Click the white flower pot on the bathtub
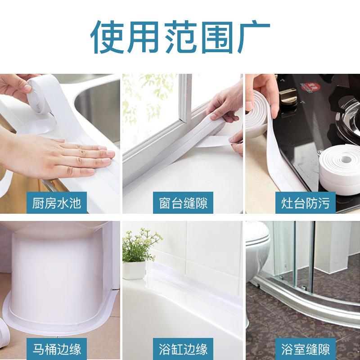134,270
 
